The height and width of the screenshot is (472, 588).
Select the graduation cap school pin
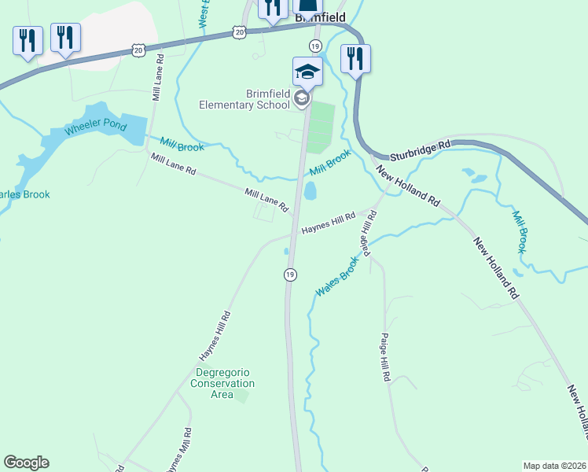(307, 72)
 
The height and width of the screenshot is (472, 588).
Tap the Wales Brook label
(337, 279)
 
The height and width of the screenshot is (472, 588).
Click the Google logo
(26, 463)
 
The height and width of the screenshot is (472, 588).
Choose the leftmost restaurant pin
(28, 40)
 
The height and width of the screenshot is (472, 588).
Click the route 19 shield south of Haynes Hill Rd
(290, 274)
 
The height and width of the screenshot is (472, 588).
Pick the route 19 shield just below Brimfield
(315, 46)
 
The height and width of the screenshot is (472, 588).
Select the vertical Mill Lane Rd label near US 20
(158, 77)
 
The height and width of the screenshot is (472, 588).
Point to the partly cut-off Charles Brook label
(25, 194)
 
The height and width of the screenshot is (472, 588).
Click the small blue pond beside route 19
(310, 191)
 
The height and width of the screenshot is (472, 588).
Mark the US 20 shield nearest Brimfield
(240, 31)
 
